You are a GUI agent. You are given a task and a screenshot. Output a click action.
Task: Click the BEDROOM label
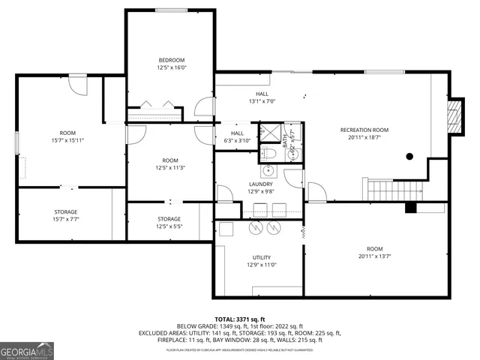click(171, 60)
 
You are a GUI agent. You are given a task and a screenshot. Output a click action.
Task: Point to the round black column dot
click(409, 157)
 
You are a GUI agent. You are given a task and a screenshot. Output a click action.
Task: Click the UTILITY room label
click(261, 256)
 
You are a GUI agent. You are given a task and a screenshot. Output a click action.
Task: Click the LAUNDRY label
click(261, 184)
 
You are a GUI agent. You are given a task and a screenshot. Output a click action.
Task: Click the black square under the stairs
click(410, 208)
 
